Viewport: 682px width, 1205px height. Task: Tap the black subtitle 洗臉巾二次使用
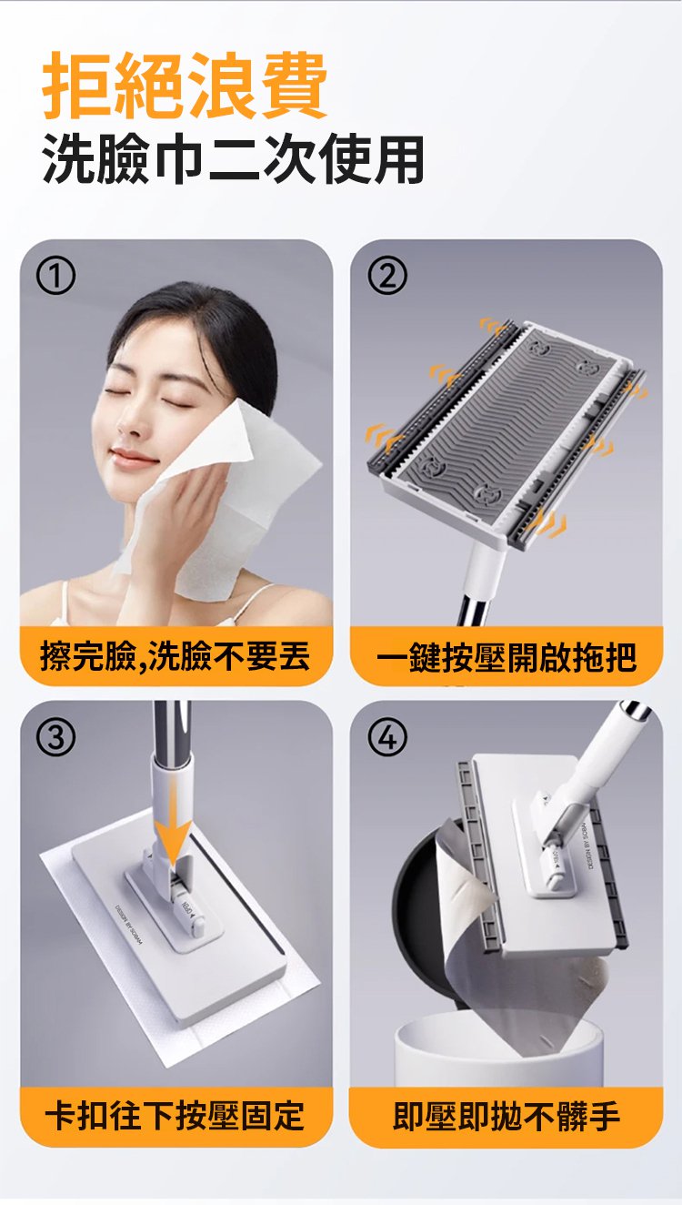[x=234, y=159]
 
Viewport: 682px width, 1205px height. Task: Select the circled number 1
[x=55, y=276]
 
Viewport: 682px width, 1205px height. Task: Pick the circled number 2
[x=387, y=276]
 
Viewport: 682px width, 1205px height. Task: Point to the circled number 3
[x=55, y=737]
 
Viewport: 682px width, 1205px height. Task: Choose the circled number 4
[x=387, y=737]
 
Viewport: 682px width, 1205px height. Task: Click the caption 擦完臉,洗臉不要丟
[x=176, y=657]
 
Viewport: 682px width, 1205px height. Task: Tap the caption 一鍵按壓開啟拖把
[x=506, y=657]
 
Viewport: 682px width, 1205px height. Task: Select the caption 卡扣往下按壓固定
[x=176, y=1116]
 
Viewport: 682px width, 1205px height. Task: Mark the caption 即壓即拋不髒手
[x=506, y=1116]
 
